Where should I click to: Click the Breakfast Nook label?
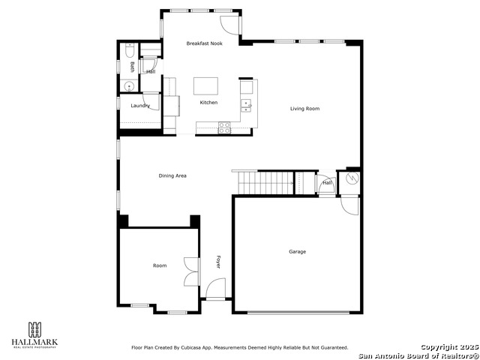pos(205,44)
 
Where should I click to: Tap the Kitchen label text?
pos(208,102)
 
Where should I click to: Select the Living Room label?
pos(305,109)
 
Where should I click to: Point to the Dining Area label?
pos(172,175)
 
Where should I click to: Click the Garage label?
pos(298,251)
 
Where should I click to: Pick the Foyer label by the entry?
pos(219,262)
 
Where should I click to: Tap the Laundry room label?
pos(140,106)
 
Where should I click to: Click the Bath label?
pos(132,67)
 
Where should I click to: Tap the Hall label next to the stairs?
pos(327,182)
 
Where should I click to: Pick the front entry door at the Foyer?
pos(216,289)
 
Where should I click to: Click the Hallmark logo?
pos(34,334)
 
